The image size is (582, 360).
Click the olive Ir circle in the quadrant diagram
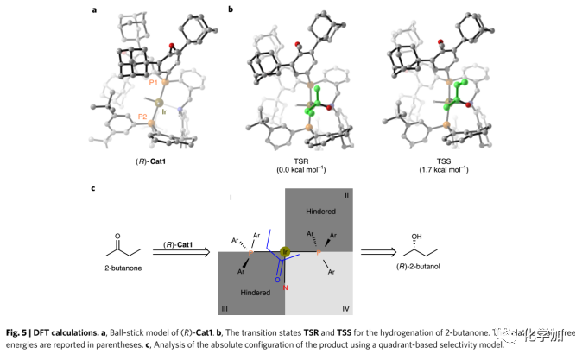(285, 254)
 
